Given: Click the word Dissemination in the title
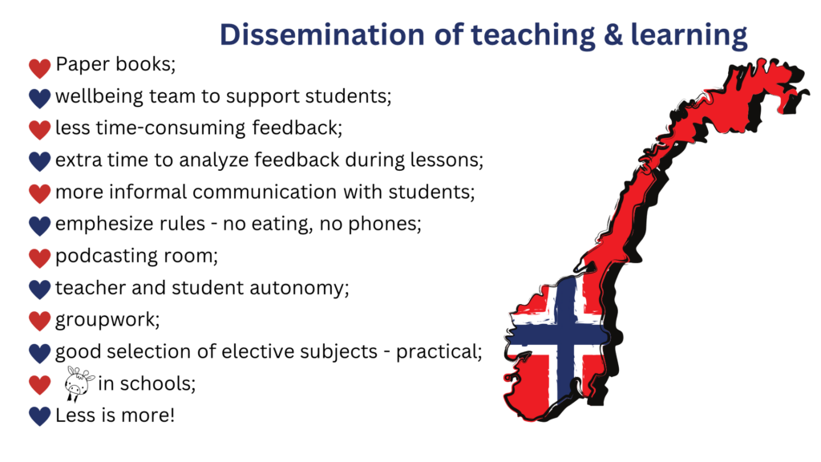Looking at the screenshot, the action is point(322,35).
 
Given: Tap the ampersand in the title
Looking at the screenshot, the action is point(613,35).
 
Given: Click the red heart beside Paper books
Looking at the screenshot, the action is point(39,67).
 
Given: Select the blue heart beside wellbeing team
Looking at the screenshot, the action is point(39,98).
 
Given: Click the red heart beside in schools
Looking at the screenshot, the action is point(39,385).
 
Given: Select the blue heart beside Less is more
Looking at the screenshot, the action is point(39,416).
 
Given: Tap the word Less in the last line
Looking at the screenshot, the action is point(76,415).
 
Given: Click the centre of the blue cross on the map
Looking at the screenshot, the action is point(565,334).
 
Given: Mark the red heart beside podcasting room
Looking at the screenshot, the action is point(39,257).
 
